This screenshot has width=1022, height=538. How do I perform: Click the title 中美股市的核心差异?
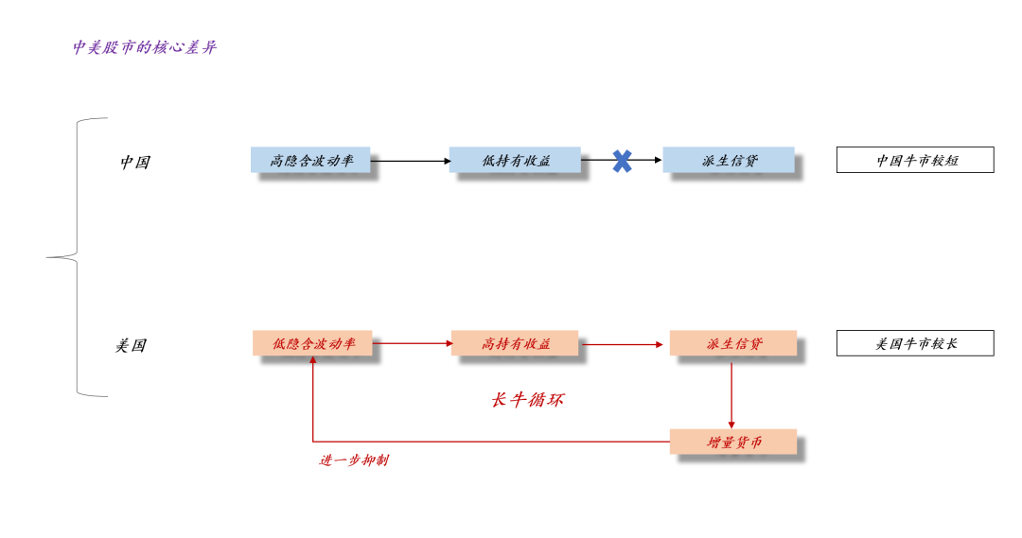(x=144, y=47)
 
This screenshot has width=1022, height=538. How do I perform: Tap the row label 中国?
(x=134, y=162)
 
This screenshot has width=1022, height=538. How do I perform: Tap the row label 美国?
(x=131, y=345)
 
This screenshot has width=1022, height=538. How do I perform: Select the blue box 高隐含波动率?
(x=310, y=160)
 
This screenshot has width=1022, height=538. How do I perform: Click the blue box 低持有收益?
(x=515, y=160)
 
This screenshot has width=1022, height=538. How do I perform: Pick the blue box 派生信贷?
(x=728, y=160)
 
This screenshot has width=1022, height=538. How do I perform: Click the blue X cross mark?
(x=622, y=161)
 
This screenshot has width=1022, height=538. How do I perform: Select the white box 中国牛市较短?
(x=915, y=160)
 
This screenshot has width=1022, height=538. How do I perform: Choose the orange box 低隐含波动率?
(x=312, y=343)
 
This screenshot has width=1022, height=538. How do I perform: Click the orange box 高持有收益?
(x=516, y=343)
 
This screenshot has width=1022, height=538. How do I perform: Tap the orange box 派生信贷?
(x=732, y=343)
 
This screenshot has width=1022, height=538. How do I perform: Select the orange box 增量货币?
(x=732, y=442)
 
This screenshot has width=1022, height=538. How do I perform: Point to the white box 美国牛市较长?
(x=915, y=343)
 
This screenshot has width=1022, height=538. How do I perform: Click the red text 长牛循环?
(x=527, y=400)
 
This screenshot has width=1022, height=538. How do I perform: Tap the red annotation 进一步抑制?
(x=353, y=460)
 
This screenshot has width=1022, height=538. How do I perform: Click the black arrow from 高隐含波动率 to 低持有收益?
(x=410, y=161)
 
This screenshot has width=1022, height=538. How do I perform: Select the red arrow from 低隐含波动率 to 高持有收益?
(x=412, y=343)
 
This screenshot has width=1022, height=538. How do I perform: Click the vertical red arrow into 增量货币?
(x=731, y=392)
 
